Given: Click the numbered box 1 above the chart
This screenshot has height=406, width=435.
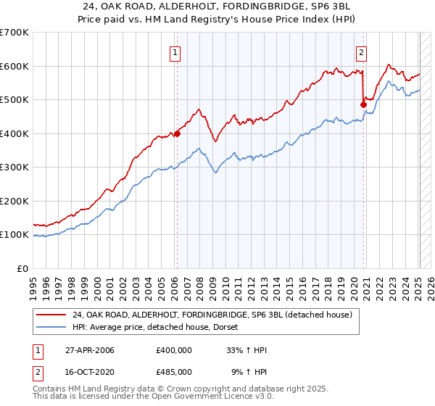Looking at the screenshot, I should click(175, 51).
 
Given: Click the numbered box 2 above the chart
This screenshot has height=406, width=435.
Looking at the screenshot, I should click(361, 51).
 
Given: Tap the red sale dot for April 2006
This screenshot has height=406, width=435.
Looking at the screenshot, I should click(176, 133).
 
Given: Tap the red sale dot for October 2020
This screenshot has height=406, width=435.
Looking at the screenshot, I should click(363, 104).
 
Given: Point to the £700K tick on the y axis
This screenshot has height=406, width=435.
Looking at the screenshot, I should click(14, 33).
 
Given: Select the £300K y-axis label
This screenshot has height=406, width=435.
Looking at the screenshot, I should click(14, 167).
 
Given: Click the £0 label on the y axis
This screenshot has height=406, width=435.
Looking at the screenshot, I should click(23, 268).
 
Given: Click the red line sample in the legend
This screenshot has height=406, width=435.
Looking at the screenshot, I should click(51, 315).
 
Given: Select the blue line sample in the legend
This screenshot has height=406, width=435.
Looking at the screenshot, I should click(51, 327).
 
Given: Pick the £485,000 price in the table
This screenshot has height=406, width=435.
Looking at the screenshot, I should click(174, 371).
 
